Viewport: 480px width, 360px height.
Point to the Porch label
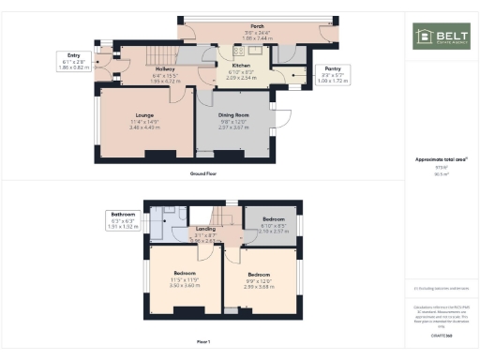click(256, 27)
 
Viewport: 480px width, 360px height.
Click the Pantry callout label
click(332, 68)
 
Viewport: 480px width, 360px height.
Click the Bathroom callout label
click(123, 215)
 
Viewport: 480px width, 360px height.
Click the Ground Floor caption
click(204, 174)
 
